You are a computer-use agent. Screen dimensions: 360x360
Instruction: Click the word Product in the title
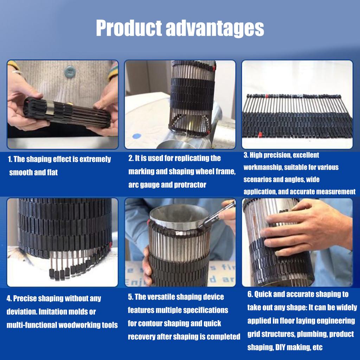click(129, 28)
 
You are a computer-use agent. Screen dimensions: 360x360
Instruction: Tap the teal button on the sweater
click(69, 72)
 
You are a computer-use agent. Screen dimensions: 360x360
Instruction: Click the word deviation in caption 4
click(21, 311)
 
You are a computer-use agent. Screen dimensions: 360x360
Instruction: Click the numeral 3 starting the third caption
click(246, 155)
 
